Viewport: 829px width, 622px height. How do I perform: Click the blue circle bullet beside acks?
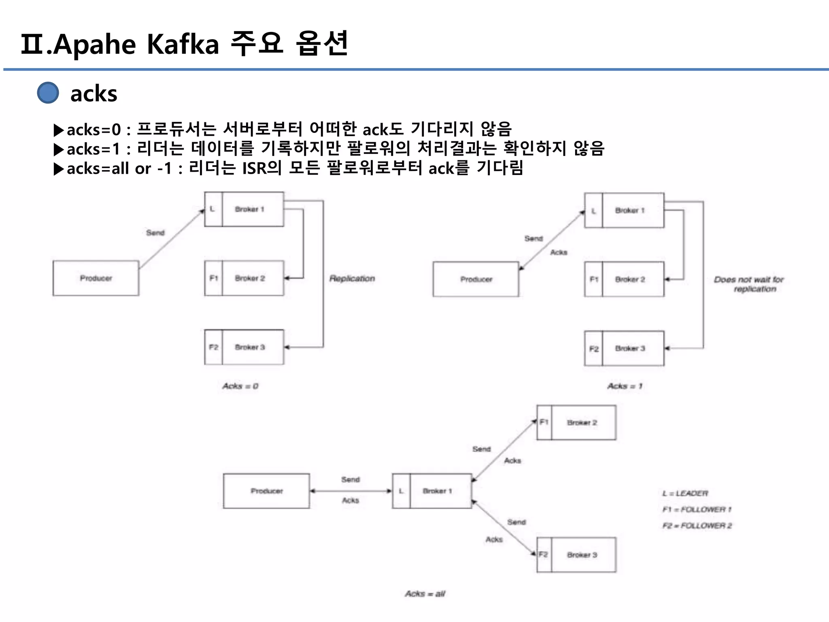click(48, 93)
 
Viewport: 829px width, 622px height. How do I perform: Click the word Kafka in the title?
click(183, 44)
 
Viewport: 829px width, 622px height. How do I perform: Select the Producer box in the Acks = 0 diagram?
click(96, 278)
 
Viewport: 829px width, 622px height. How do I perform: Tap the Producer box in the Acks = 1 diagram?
click(476, 279)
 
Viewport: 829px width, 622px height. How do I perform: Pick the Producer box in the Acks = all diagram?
click(267, 491)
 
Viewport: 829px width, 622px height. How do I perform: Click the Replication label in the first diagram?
click(352, 279)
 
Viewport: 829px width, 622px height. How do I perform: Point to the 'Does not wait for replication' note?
click(749, 284)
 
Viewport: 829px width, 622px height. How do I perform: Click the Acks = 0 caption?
click(240, 386)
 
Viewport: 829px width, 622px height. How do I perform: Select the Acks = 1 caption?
click(625, 386)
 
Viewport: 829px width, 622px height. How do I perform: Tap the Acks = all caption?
click(425, 594)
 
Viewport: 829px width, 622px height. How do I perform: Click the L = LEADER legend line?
click(685, 493)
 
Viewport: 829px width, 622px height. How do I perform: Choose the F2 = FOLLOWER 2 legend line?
click(697, 526)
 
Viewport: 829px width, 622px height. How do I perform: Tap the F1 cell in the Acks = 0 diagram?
click(214, 278)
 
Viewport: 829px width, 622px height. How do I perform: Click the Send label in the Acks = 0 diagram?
click(155, 233)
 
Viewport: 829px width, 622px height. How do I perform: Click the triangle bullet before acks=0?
click(59, 130)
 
